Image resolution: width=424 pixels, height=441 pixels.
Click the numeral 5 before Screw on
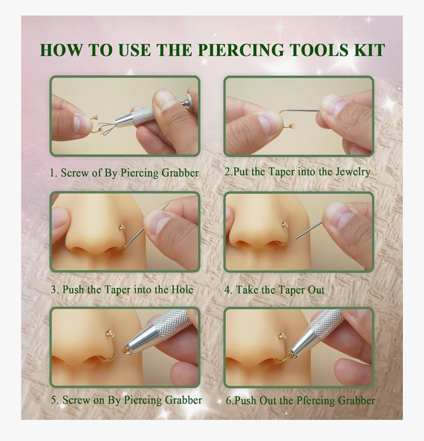point(53,400)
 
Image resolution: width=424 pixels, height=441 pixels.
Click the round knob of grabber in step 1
point(191,100)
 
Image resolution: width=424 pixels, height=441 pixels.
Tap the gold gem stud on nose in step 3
point(122,227)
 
